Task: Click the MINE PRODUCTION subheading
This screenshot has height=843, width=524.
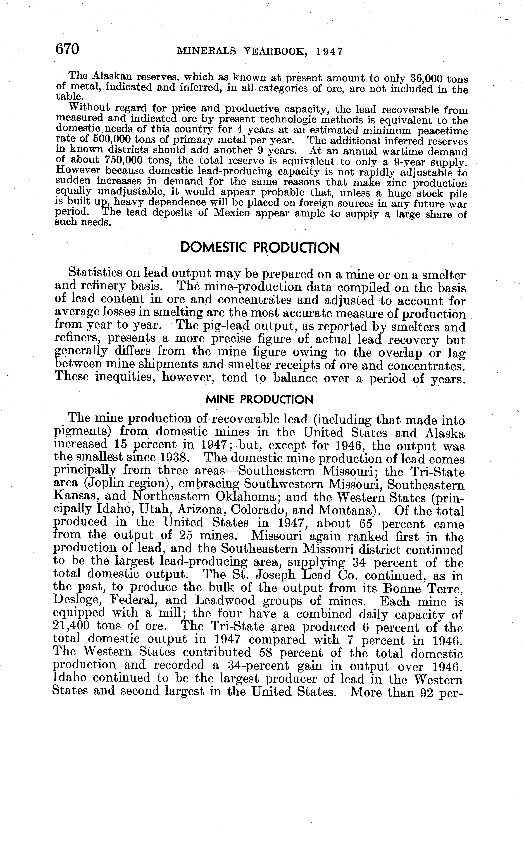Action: pos(260,400)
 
